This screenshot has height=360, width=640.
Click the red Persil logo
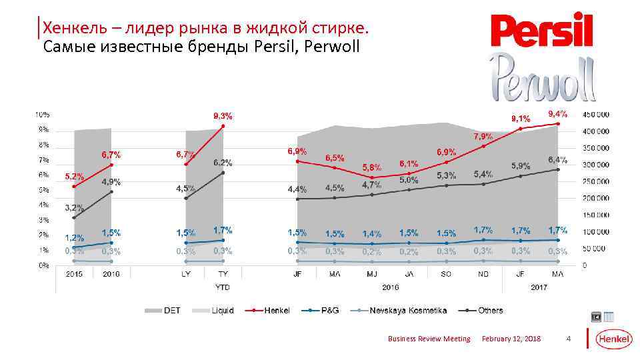tap(541, 30)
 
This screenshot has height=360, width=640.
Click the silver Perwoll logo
tap(541, 75)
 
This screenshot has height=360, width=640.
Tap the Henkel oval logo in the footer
tap(613, 339)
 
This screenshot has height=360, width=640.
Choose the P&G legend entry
tap(321, 310)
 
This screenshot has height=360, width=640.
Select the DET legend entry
tap(163, 310)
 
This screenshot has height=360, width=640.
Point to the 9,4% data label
tap(557, 113)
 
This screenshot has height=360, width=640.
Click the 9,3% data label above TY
tap(223, 115)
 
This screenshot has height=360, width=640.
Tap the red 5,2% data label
tap(74, 177)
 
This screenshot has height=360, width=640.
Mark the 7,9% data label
tap(483, 136)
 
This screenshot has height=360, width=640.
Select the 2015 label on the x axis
tap(74, 273)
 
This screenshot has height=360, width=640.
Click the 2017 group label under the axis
tap(539, 288)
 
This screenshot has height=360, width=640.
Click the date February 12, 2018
tap(511, 339)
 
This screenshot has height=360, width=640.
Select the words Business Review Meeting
tap(429, 339)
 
